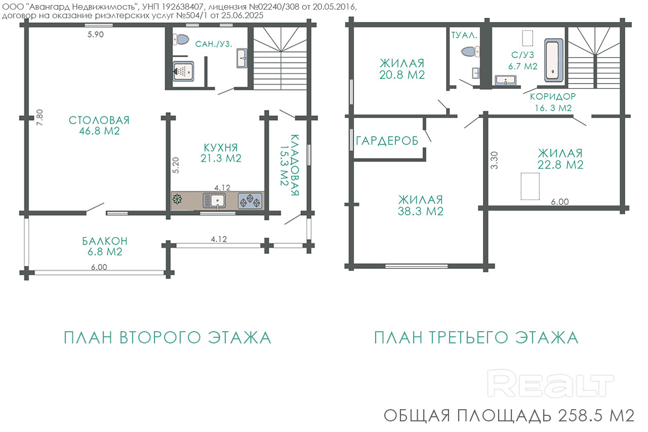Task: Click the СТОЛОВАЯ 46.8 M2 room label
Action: (x=99, y=126)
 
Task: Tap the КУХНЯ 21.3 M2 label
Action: (x=221, y=153)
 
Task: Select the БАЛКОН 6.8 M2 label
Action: (x=105, y=247)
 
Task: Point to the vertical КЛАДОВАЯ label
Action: (x=289, y=165)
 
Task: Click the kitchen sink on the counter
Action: (x=214, y=201)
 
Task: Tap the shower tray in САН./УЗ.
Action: (x=183, y=71)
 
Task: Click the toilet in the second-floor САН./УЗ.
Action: (x=181, y=40)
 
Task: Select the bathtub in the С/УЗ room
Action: (x=554, y=60)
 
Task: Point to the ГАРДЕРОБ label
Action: (x=387, y=141)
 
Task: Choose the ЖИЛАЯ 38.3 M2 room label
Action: (x=421, y=206)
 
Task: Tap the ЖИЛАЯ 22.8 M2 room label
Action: (x=560, y=159)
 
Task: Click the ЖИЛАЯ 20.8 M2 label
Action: (x=402, y=69)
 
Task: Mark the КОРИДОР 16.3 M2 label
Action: (x=553, y=102)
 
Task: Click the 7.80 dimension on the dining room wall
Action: (x=39, y=117)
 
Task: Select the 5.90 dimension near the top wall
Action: (x=96, y=34)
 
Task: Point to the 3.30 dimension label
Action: (x=495, y=161)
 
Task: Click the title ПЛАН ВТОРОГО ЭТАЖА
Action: (x=168, y=338)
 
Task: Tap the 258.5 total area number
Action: (x=580, y=416)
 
